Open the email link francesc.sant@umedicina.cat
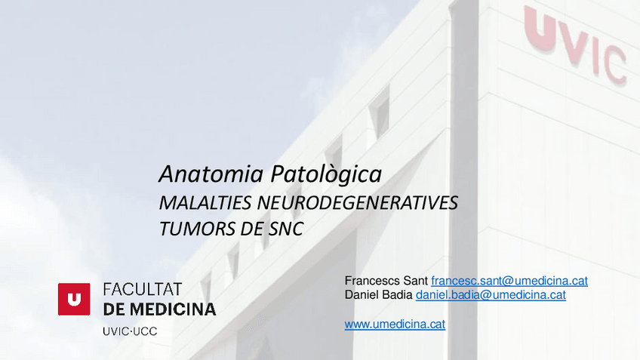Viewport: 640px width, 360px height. [509, 281]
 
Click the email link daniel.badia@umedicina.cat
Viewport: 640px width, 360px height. [491, 295]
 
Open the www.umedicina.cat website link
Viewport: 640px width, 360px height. [395, 325]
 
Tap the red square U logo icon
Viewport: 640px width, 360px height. [74, 299]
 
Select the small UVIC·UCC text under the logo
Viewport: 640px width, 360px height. [130, 331]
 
